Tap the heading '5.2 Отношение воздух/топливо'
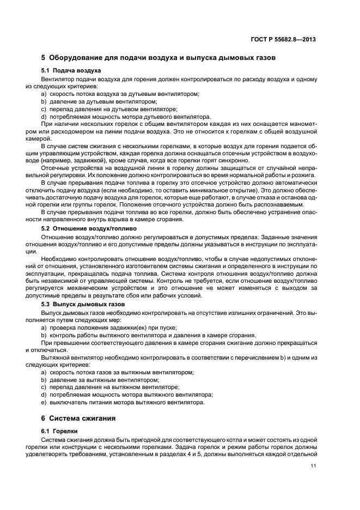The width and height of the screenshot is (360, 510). click(89, 229)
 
